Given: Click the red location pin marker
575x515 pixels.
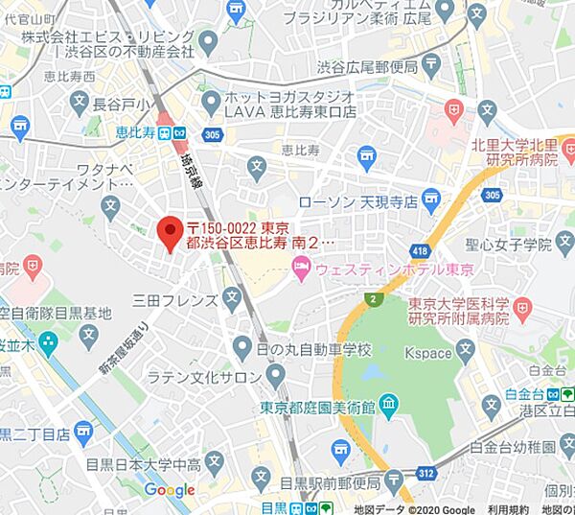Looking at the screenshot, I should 169,233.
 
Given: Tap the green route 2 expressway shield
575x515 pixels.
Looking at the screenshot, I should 371,300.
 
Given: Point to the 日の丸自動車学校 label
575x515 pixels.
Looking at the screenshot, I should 313,348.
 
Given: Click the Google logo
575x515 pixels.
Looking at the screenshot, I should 170,490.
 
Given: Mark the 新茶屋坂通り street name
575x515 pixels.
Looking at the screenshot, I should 123,351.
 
